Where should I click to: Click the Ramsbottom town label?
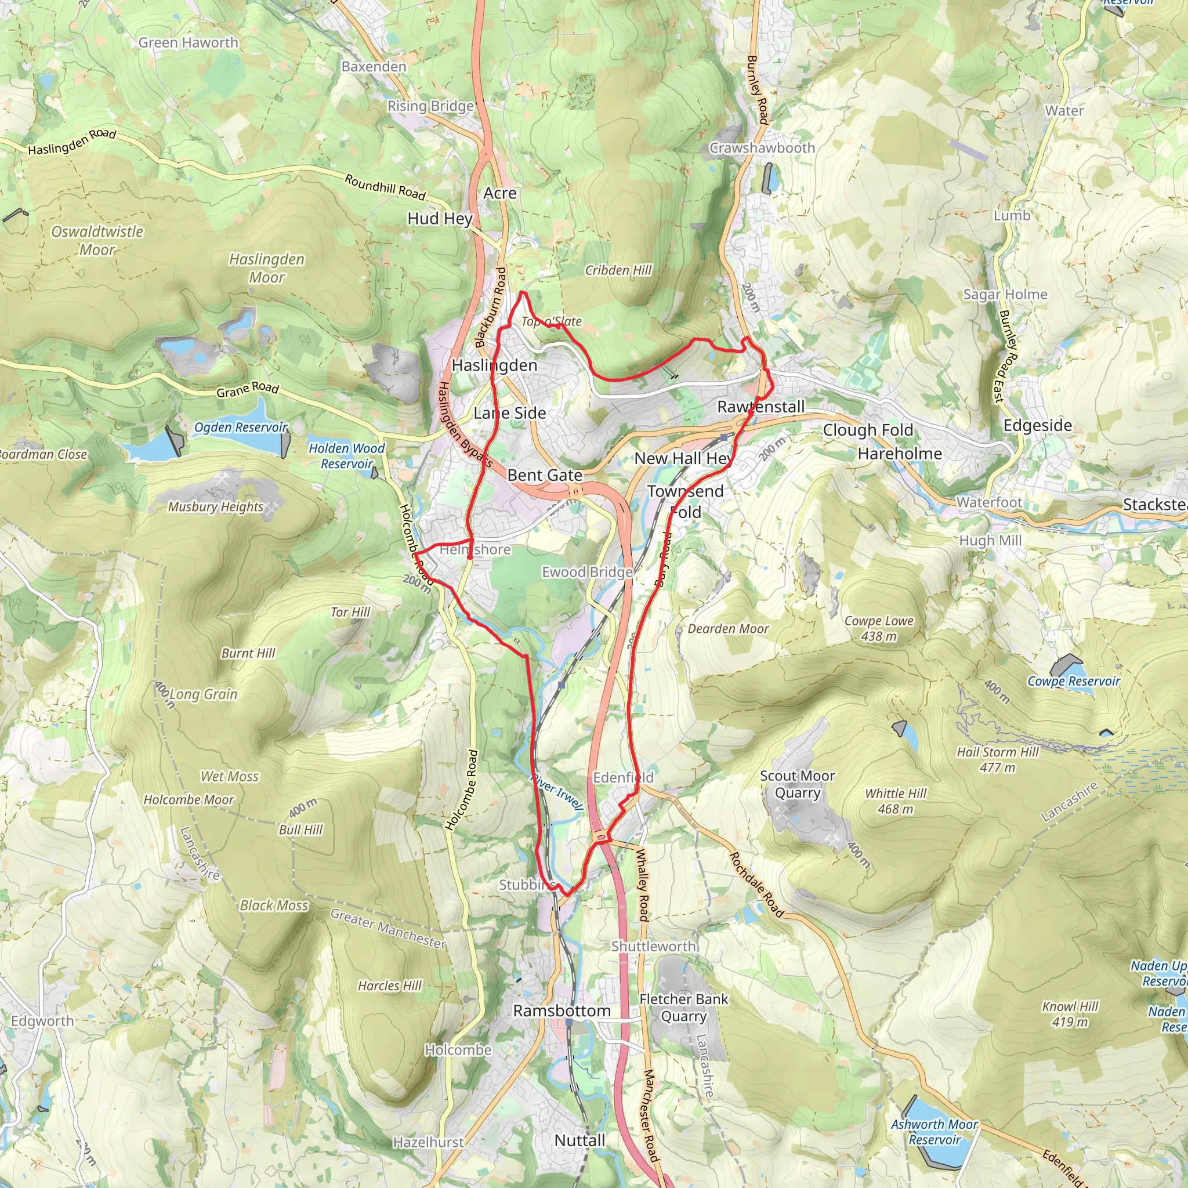[562, 1011]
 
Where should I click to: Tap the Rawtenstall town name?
[760, 407]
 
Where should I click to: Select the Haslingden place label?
[494, 365]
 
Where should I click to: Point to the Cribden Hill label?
[618, 270]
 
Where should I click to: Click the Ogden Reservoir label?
[240, 428]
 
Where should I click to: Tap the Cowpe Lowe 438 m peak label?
[879, 628]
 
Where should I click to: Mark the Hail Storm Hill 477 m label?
[997, 759]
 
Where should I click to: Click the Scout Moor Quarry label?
[797, 784]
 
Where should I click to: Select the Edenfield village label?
[623, 778]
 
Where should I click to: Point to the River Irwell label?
[556, 791]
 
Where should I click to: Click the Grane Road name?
[247, 389]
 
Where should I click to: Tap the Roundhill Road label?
[385, 187]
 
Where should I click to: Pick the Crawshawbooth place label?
[762, 148]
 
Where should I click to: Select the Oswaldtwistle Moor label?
[97, 240]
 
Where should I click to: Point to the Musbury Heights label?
[215, 506]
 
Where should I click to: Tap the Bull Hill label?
[300, 830]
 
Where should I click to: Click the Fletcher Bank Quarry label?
[683, 1008]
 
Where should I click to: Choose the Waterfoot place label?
[989, 502]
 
